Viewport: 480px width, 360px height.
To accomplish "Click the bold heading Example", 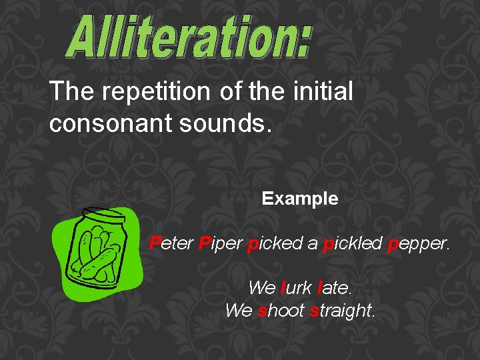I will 300,199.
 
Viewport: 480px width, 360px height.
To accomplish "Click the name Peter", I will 171,243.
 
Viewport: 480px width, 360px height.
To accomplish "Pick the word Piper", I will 220,243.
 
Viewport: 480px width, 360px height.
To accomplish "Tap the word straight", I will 343,311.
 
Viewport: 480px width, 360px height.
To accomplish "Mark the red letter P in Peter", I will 155,243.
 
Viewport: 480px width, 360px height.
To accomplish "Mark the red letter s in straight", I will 314,311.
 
